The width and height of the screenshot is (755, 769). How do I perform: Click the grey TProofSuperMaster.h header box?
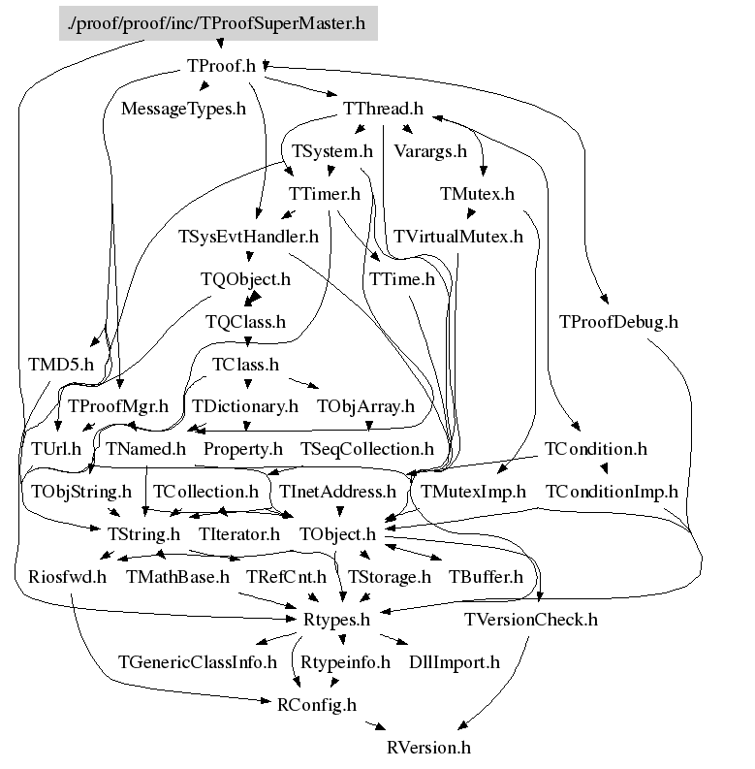[x=217, y=22]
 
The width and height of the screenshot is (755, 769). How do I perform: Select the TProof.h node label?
[x=220, y=66]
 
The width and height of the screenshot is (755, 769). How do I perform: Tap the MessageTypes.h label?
[x=183, y=108]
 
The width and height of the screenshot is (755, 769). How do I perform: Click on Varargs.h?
[x=430, y=151]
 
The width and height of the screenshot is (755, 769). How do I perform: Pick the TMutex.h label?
[x=477, y=194]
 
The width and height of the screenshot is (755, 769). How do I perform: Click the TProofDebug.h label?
[x=618, y=321]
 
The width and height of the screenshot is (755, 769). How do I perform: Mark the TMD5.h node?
[x=61, y=365]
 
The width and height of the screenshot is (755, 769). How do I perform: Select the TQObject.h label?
[x=245, y=279]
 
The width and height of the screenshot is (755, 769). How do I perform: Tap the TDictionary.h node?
[x=245, y=406]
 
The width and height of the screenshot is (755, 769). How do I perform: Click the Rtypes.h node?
[x=336, y=620]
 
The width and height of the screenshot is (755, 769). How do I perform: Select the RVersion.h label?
[x=427, y=748]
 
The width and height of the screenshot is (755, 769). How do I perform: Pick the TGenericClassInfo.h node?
[x=198, y=662]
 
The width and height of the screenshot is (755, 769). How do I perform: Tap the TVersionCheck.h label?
[x=531, y=620]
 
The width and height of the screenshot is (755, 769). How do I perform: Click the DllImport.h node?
[x=454, y=662]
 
